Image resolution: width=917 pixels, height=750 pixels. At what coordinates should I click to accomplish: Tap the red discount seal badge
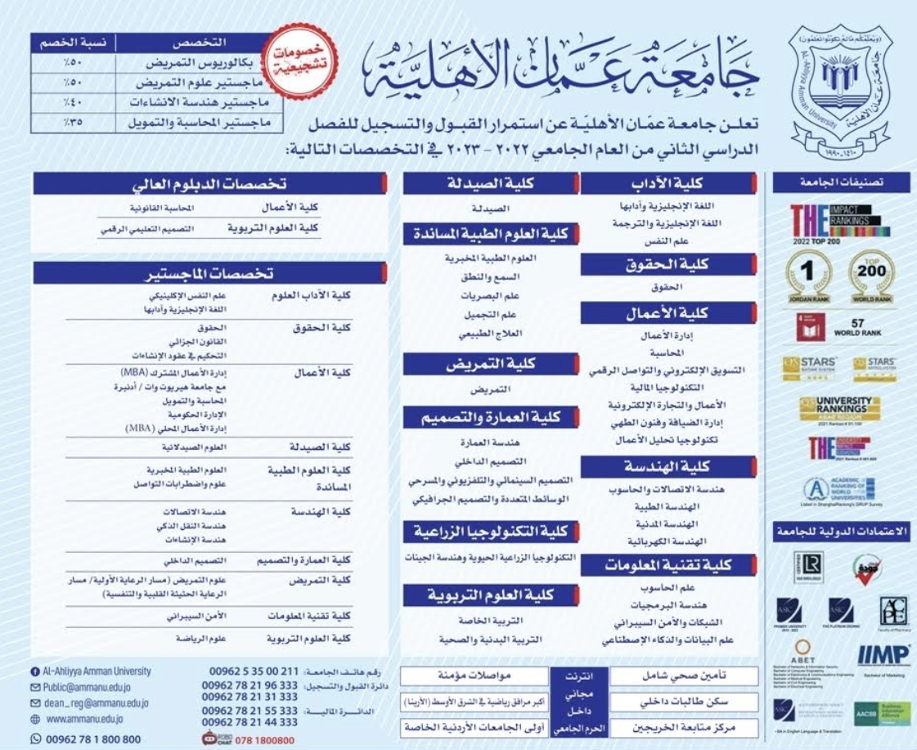click(x=303, y=60)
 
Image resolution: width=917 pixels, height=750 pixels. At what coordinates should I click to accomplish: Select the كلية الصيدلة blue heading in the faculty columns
click(x=489, y=182)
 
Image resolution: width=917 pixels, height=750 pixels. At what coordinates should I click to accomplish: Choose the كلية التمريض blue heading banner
click(x=489, y=364)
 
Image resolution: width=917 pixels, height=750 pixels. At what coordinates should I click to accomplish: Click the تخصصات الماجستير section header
click(x=209, y=272)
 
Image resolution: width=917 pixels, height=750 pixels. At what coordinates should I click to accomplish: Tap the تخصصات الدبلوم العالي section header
click(x=209, y=183)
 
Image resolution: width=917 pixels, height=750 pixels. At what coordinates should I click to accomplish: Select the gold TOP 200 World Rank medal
click(x=872, y=277)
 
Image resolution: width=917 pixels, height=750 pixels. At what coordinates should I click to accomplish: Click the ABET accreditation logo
click(x=802, y=655)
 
